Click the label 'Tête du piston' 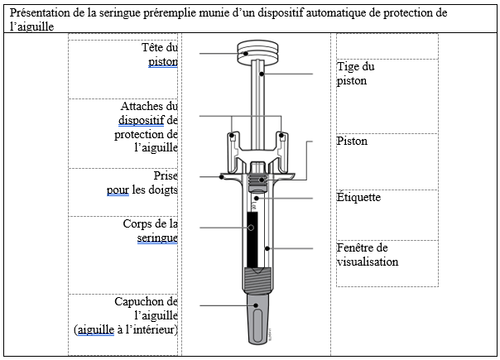(x=160, y=55)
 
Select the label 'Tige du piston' (x=356, y=74)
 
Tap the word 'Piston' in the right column (x=352, y=141)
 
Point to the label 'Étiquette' (x=358, y=197)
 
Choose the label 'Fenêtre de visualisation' (x=368, y=254)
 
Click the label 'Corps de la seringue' (x=151, y=231)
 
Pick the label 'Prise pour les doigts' (x=142, y=183)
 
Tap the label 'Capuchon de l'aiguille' (x=126, y=315)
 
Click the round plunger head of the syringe (x=257, y=51)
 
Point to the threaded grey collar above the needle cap (x=257, y=280)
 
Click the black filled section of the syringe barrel (x=252, y=239)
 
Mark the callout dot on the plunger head (x=246, y=53)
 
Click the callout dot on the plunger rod (x=262, y=74)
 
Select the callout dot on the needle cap (x=256, y=305)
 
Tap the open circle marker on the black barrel (x=251, y=228)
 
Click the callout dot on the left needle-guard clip (x=232, y=136)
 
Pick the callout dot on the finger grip (x=222, y=176)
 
